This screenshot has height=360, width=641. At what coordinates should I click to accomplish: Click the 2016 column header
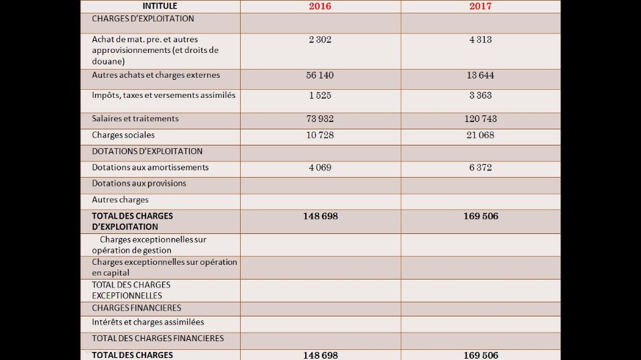tap(320, 6)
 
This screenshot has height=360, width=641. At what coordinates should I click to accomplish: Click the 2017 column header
tap(480, 6)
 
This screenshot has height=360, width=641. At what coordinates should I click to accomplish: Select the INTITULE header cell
tap(160, 6)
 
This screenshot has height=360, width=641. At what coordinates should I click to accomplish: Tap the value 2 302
tap(320, 40)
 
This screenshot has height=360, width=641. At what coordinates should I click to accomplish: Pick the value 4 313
tap(480, 40)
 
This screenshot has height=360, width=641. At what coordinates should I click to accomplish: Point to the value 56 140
tap(320, 75)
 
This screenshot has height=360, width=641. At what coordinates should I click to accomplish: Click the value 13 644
tap(480, 75)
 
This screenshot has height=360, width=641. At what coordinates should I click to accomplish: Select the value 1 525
tap(320, 95)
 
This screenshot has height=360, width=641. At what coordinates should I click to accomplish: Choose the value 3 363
tap(480, 95)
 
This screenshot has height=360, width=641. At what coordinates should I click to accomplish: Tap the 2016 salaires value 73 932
tap(320, 119)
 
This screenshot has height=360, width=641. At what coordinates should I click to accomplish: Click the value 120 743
tap(480, 119)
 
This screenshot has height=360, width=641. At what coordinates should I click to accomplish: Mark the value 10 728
tap(320, 135)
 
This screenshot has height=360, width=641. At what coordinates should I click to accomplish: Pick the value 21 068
tap(480, 135)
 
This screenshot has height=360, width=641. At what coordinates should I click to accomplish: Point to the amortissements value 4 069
tap(320, 168)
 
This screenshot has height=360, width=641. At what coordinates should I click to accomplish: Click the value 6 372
tap(480, 168)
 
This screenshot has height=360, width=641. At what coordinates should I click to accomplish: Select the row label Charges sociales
tap(123, 135)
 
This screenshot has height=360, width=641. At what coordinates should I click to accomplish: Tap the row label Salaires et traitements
tap(135, 119)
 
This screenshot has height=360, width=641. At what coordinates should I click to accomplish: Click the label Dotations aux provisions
tap(139, 184)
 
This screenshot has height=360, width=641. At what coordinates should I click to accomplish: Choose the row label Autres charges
tap(120, 200)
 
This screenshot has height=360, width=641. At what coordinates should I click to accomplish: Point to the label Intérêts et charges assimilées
tap(148, 322)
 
